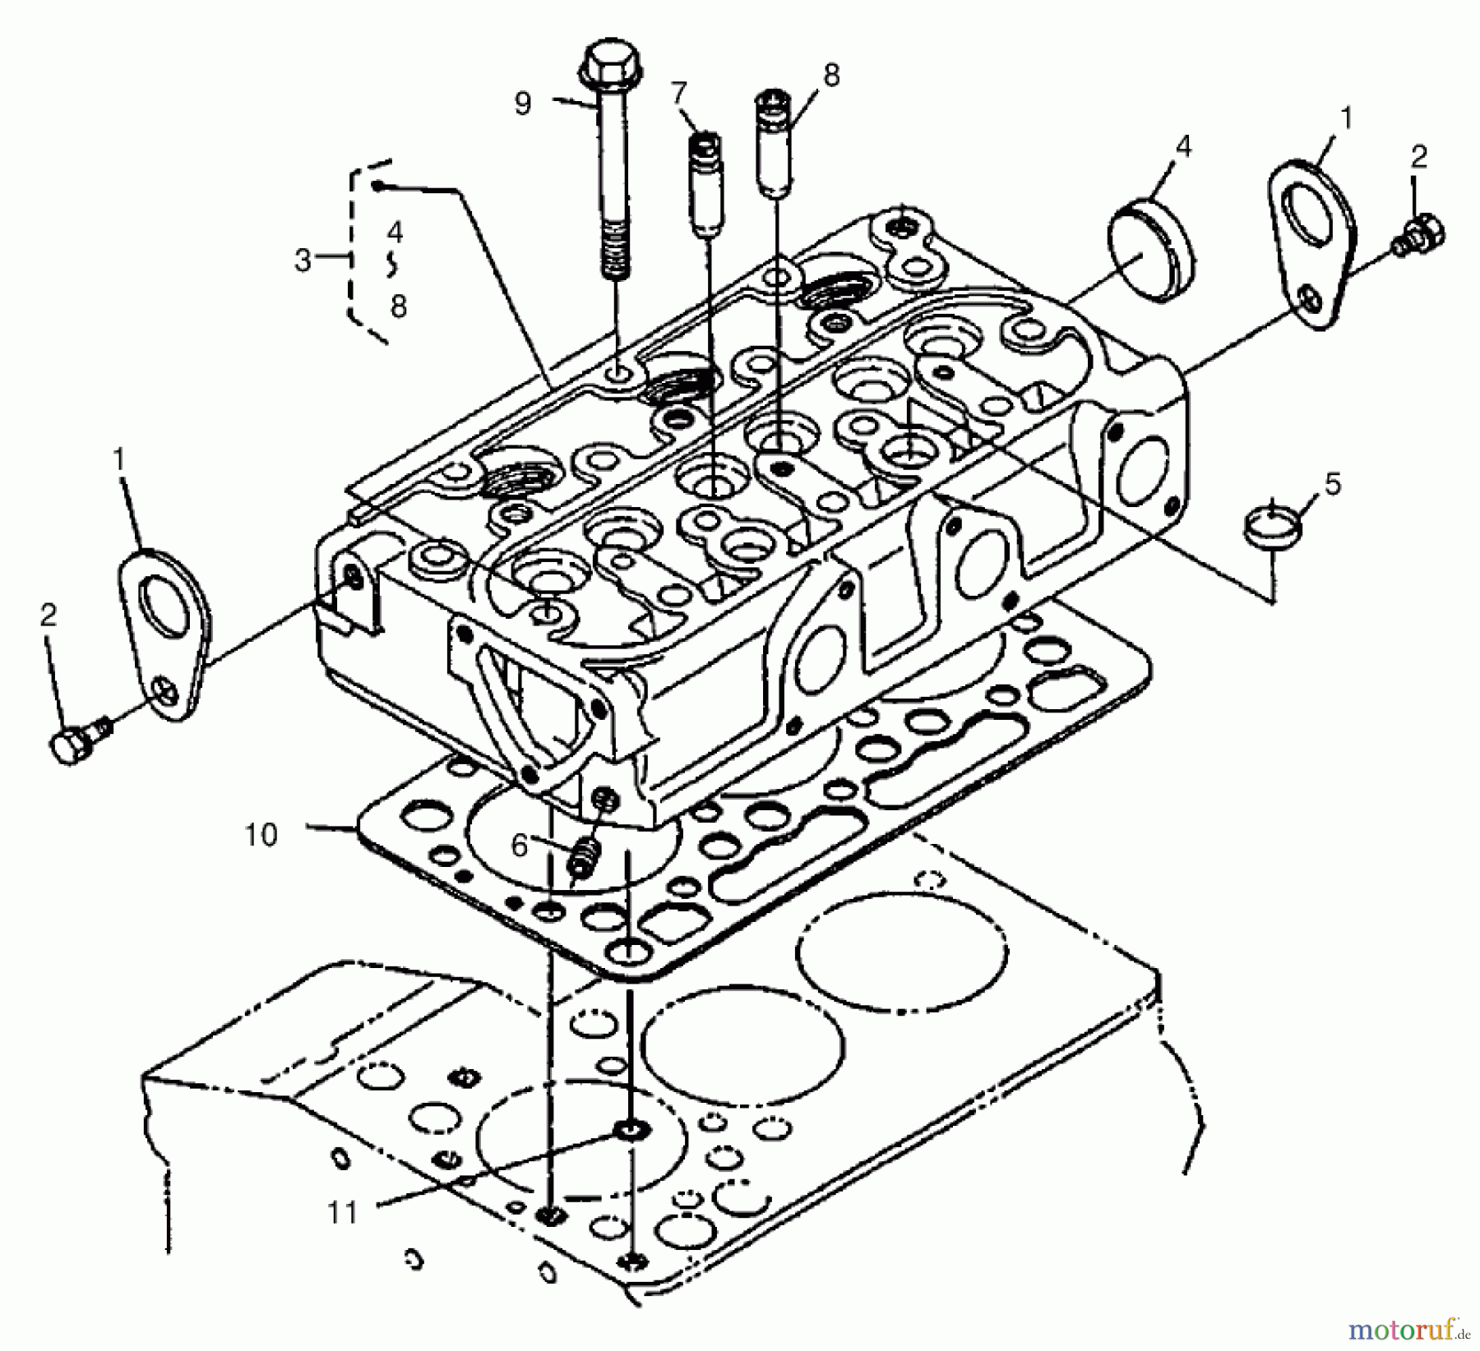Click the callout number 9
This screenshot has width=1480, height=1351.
[523, 104]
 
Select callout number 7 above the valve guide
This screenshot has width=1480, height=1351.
[678, 93]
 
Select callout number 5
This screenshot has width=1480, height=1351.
[1332, 485]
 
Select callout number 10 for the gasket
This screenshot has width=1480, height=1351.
[261, 835]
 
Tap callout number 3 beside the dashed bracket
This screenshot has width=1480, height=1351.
[303, 261]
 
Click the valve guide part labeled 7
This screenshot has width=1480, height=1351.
[705, 185]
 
